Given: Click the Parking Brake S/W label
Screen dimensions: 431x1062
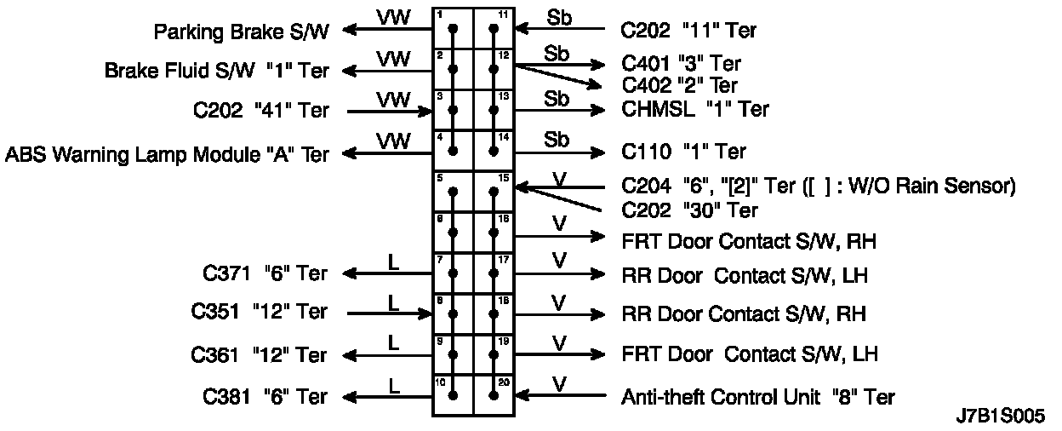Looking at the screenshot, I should coord(241,32).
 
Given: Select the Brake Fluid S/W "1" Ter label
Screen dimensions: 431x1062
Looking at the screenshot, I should coord(217,71).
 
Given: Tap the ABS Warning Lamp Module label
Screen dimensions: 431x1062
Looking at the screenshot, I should coord(167,154).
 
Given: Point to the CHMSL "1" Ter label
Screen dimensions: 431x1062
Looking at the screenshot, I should coord(695,110).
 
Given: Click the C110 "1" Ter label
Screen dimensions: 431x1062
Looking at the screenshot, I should coord(683,152).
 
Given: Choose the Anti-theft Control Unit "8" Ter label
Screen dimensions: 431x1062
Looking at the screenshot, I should coord(758,396).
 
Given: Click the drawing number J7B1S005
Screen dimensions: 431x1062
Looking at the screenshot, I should coord(1001,417).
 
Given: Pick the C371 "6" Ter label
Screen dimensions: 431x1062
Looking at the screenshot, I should coord(265,273).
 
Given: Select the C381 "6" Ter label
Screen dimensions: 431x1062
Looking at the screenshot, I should coord(265,396).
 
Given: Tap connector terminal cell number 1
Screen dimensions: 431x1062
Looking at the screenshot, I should coord(453,29).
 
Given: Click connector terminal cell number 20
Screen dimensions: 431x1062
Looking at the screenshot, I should coord(494,395).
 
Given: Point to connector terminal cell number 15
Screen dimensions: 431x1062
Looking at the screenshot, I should coord(494,192).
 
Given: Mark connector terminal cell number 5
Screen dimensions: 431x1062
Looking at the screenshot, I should coord(453,192).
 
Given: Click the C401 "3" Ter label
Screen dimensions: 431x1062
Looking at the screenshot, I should coord(682,64).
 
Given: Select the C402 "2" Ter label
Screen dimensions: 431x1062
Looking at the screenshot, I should coord(680,85).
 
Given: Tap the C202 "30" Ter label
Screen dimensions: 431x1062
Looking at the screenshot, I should coord(689,210).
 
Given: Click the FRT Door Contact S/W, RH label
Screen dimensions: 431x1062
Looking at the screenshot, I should coord(749,241).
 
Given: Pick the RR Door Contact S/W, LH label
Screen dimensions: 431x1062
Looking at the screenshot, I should coord(745,276).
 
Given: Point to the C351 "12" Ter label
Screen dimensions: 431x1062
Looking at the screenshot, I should coord(259,312).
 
